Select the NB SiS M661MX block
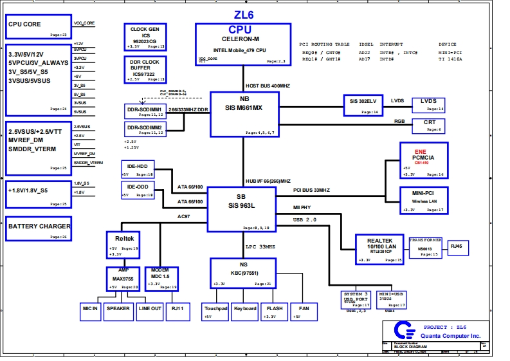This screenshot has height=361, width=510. [244, 113]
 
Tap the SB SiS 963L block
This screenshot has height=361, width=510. [241, 208]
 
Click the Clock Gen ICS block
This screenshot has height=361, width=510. [145, 37]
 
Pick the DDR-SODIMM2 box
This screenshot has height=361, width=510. [144, 129]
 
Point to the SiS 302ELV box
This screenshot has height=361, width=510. [363, 105]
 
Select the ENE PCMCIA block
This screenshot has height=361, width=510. [423, 160]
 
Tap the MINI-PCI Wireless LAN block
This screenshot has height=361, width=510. [423, 200]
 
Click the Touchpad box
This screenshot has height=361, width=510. [215, 311]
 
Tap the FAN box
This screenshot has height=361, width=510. [304, 311]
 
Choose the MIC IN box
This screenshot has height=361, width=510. [90, 311]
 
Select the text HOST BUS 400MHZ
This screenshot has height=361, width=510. [268, 86]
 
